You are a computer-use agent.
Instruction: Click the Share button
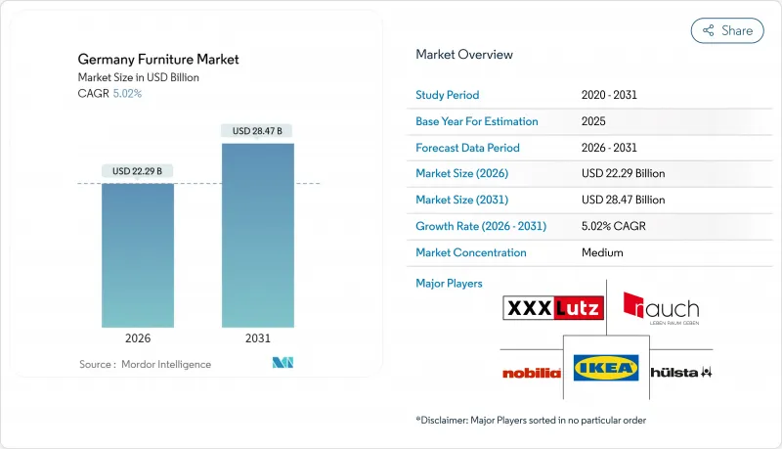pyautogui.click(x=727, y=30)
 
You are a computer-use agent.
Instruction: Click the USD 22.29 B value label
pyautogui.click(x=138, y=171)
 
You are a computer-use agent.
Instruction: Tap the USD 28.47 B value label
pyautogui.click(x=257, y=131)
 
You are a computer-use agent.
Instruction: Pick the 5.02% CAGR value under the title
pyautogui.click(x=127, y=93)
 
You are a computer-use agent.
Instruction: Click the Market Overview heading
pyautogui.click(x=464, y=55)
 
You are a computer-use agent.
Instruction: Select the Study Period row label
pyautogui.click(x=449, y=96)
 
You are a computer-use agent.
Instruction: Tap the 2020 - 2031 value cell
pyautogui.click(x=611, y=96)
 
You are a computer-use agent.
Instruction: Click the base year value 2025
pyautogui.click(x=592, y=121)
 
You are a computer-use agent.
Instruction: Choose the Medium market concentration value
pyautogui.click(x=602, y=252)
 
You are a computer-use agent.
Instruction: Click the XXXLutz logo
pyautogui.click(x=552, y=309)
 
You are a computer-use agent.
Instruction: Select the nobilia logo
pyautogui.click(x=532, y=373)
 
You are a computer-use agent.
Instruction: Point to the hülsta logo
pyautogui.click(x=680, y=373)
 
